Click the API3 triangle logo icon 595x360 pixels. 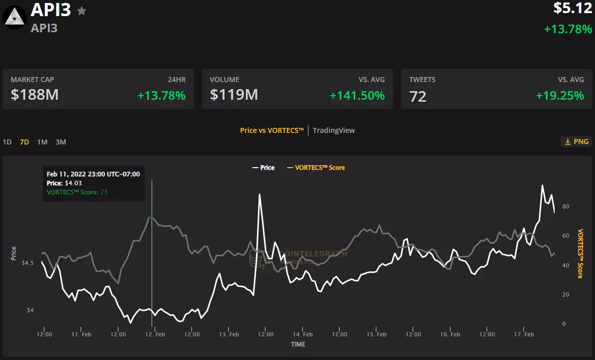(x=15, y=18)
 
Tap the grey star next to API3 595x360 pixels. (x=82, y=11)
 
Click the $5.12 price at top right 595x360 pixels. (x=572, y=8)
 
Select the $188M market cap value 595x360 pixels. (x=35, y=94)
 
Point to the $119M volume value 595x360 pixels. (x=234, y=94)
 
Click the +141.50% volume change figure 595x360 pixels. (x=357, y=95)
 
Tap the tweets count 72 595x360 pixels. (x=418, y=96)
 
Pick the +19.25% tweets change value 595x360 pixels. (x=560, y=95)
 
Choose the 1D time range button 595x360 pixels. (x=7, y=142)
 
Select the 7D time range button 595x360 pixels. (x=24, y=142)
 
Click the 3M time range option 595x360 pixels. (x=60, y=142)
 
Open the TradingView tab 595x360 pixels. (x=334, y=130)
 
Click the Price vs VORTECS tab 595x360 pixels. (x=272, y=130)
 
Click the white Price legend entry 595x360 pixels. (x=263, y=168)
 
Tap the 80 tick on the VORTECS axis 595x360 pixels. (x=566, y=206)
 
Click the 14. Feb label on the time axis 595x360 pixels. (x=303, y=334)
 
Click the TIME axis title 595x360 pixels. (x=298, y=344)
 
